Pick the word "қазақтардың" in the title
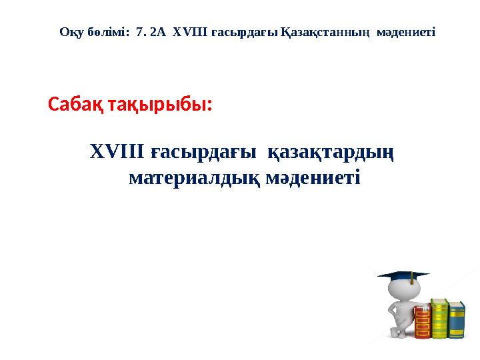pyautogui.click(x=331, y=153)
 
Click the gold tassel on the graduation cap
pyautogui.click(x=412, y=279)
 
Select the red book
pyautogui.click(x=422, y=322)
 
